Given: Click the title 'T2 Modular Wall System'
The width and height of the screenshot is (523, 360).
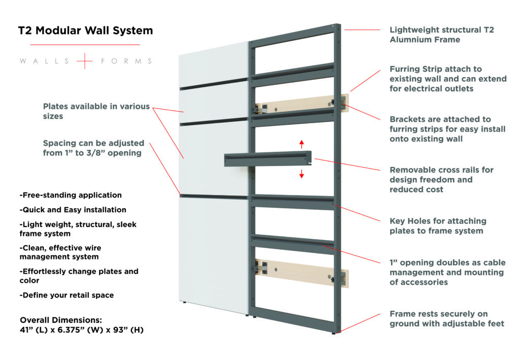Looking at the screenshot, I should (85, 31).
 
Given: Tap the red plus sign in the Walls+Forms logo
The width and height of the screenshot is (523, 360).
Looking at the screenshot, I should (85, 61).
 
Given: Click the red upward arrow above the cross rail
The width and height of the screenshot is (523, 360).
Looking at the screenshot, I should (301, 143).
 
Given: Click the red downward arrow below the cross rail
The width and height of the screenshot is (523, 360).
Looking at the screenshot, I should (301, 174).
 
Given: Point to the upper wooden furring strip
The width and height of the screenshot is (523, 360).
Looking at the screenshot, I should (300, 104).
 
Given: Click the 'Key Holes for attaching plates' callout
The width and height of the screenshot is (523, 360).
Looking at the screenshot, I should (438, 226).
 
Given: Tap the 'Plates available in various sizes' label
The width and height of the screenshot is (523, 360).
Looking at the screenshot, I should (96, 111).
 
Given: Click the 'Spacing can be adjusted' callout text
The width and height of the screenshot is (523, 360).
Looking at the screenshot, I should (93, 148).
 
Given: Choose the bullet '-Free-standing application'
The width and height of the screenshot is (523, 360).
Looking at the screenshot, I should (71, 195).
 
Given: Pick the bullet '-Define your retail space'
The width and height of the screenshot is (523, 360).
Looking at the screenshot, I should (67, 295).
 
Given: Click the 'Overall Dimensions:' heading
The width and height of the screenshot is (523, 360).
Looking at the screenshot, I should (61, 320).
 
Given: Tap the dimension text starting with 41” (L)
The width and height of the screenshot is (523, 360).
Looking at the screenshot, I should (82, 330).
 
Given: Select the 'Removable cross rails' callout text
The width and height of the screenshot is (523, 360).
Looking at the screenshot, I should (441, 179).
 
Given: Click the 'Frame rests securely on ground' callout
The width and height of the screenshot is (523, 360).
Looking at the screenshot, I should (447, 318).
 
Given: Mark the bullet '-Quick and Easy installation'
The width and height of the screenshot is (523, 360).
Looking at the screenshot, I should (73, 210).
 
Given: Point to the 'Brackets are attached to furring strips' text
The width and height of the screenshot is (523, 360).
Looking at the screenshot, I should (447, 129).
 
